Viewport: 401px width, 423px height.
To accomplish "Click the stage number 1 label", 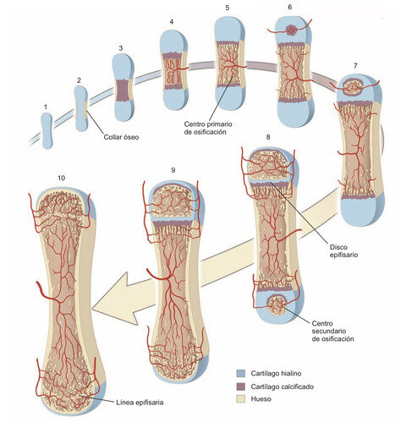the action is [x=46, y=107].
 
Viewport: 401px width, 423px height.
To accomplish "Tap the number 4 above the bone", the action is [x=172, y=22].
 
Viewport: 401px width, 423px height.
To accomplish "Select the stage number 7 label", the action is [x=355, y=65].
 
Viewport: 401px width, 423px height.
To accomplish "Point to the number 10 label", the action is [x=61, y=178].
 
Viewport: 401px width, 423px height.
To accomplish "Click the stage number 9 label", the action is [x=173, y=170].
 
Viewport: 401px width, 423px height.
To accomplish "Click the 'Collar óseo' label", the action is [x=121, y=137].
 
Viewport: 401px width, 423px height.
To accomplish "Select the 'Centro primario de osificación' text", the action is [x=208, y=128].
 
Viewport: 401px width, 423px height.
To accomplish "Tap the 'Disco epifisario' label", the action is [x=343, y=250].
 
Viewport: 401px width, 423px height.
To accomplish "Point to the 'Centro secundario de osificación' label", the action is [x=332, y=331].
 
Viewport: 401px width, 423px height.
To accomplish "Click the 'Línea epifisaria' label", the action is [x=140, y=402].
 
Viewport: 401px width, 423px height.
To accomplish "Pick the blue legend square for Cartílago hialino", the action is [x=241, y=373].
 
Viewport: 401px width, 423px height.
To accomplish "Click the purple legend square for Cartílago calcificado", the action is [x=241, y=387].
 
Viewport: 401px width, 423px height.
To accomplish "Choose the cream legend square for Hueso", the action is [x=241, y=399].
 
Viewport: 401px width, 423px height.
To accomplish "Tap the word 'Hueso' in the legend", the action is [x=261, y=399].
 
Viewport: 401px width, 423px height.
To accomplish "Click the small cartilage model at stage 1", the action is [x=47, y=130].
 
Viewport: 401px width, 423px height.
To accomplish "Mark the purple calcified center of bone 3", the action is [x=123, y=91].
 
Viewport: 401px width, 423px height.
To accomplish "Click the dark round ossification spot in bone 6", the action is [x=291, y=30].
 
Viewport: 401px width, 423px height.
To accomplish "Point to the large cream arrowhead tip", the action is [x=92, y=310].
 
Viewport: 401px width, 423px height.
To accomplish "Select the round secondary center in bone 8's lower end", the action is [x=277, y=305].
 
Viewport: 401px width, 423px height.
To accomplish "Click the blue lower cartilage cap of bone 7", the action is [x=362, y=211].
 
